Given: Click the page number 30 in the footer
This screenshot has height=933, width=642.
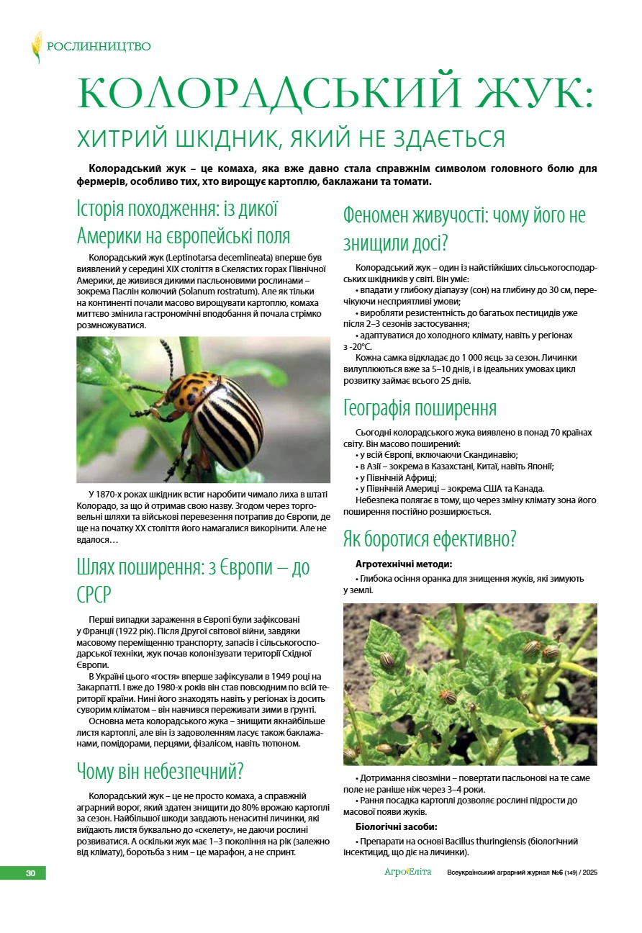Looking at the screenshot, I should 30,873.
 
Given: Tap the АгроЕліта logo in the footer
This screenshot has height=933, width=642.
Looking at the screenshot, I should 407,873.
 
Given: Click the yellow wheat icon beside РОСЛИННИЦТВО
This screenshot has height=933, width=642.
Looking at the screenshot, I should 36,48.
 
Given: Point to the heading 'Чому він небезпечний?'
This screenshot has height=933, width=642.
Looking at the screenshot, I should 160,771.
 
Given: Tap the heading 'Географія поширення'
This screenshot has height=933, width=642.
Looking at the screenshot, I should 420,408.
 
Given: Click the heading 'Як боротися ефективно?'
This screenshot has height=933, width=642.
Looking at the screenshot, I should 430,538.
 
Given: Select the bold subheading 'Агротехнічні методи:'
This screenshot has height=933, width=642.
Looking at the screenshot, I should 404,564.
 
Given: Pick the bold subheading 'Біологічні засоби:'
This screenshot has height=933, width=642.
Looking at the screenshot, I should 397,826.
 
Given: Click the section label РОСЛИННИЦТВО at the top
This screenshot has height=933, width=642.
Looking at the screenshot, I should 99,48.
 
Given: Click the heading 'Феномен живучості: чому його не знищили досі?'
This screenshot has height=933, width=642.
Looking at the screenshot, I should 464,228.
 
